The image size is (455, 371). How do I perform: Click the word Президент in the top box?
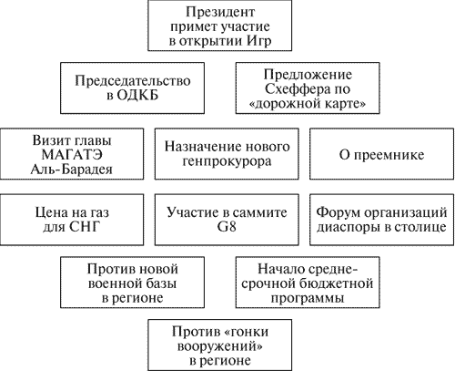(220, 13)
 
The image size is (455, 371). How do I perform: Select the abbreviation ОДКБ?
(137, 96)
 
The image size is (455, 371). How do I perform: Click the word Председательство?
(133, 81)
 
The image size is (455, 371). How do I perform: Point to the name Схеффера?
(292, 89)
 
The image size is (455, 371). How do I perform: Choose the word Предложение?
(308, 75)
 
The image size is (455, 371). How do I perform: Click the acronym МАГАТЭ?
(72, 155)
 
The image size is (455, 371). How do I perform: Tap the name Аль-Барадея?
(72, 170)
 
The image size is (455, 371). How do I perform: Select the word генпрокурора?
(227, 162)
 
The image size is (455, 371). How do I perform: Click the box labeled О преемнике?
(381, 154)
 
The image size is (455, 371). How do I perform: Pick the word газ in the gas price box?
(98, 212)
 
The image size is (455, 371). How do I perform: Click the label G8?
(227, 227)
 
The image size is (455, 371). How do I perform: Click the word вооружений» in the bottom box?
(220, 346)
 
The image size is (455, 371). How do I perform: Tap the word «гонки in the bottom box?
(248, 332)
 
